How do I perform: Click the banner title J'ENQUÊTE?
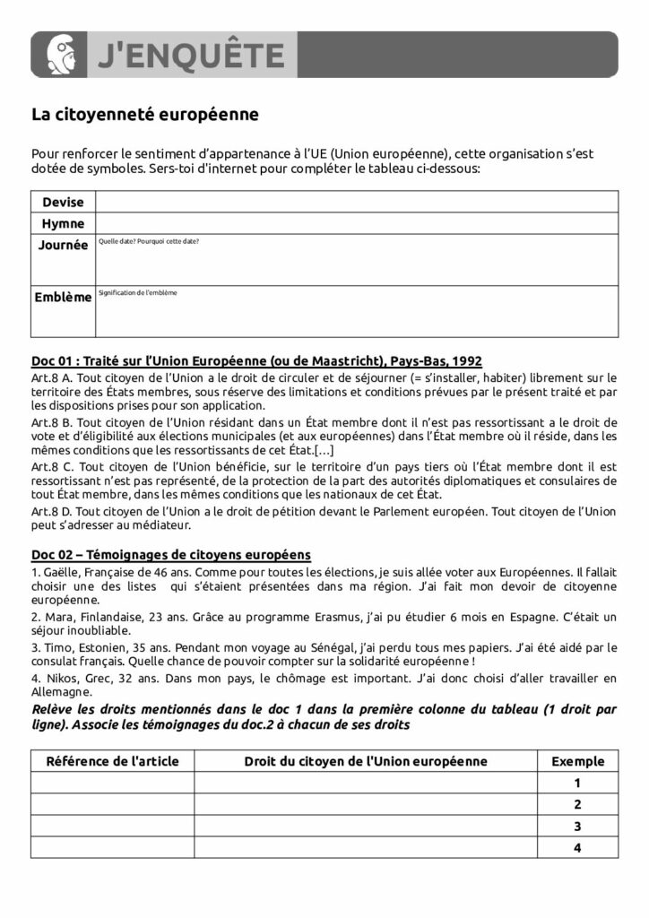(190, 56)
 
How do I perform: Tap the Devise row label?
(63, 203)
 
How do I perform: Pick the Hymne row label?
(63, 223)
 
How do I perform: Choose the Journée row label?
(63, 244)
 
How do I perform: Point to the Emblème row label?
(63, 297)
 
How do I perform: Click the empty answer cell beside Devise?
(357, 202)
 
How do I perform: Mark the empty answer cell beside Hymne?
(357, 223)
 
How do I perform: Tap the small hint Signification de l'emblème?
(138, 293)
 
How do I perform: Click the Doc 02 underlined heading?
(171, 555)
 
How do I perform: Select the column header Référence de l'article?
(113, 761)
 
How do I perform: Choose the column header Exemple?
(577, 761)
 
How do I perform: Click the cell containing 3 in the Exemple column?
(577, 825)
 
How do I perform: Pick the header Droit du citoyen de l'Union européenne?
(366, 761)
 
